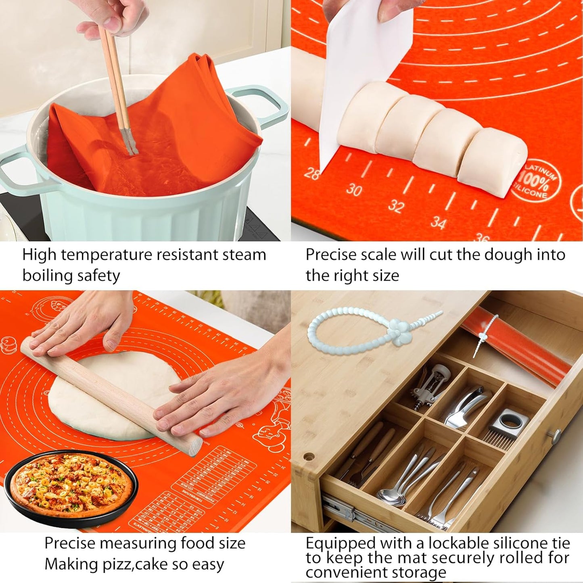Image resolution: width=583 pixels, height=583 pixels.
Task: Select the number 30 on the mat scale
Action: point(354,190)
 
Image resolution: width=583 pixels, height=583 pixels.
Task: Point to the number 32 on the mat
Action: point(396,206)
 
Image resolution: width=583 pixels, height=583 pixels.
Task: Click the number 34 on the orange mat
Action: point(438,223)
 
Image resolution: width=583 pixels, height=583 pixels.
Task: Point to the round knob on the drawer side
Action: point(556,435)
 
